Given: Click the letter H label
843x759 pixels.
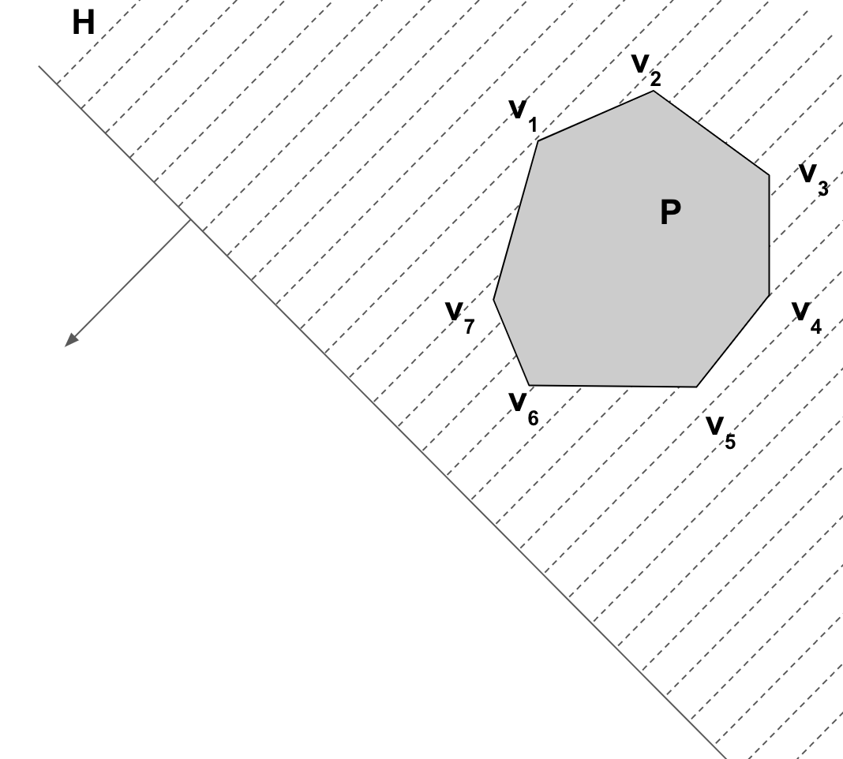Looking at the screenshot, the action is click(84, 24).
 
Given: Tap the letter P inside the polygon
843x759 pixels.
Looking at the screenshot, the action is click(670, 212).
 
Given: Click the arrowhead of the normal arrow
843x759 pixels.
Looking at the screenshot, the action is click(71, 340).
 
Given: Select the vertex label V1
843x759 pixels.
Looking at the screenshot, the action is click(523, 115).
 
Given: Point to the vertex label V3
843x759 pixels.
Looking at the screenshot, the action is click(814, 180).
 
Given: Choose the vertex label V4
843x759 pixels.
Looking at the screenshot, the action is click(807, 318).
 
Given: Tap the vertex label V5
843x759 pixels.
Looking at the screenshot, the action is click(721, 432).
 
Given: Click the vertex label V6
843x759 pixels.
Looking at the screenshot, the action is click(523, 409).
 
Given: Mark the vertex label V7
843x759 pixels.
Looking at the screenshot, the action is click(460, 318).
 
